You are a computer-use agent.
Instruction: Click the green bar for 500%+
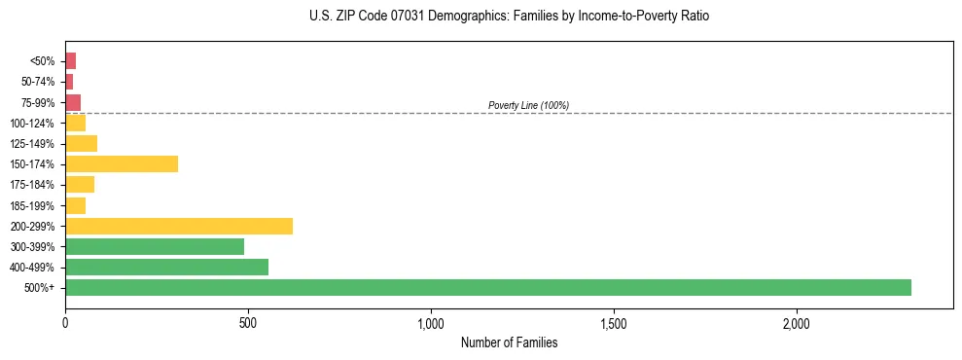click(487, 287)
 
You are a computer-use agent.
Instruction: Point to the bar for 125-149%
click(81, 143)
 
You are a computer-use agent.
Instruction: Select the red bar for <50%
click(70, 60)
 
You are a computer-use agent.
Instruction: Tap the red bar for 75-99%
click(73, 102)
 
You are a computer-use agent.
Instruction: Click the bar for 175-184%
click(80, 184)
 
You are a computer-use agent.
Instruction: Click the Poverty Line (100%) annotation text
click(528, 105)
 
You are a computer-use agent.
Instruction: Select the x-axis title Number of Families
click(509, 342)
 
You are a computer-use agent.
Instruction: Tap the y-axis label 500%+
click(41, 288)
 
